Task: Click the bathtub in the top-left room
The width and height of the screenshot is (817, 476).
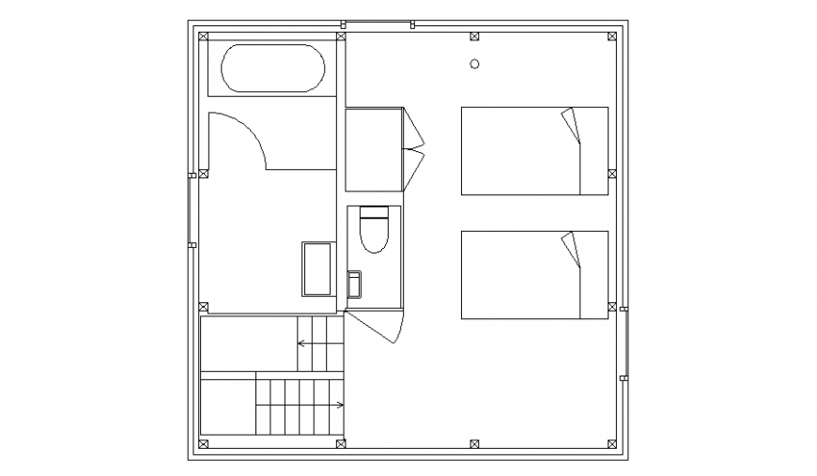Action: [x=272, y=69]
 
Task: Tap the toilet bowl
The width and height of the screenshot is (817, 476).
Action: [x=374, y=231]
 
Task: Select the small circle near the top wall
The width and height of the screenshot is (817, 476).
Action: [x=474, y=64]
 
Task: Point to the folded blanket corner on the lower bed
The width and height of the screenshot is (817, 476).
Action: [x=571, y=250]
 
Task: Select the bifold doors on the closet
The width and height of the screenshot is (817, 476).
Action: [x=413, y=147]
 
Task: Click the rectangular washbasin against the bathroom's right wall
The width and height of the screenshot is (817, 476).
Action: [x=317, y=269]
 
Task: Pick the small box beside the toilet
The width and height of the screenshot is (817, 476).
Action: [x=354, y=284]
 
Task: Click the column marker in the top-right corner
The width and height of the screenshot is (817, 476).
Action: [x=612, y=37]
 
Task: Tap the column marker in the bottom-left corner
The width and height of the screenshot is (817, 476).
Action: [x=204, y=442]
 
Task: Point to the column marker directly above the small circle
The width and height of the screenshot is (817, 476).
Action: [x=474, y=37]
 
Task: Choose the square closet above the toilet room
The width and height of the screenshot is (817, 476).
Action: [x=374, y=149]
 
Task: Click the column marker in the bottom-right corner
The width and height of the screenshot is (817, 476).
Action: [x=612, y=442]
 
